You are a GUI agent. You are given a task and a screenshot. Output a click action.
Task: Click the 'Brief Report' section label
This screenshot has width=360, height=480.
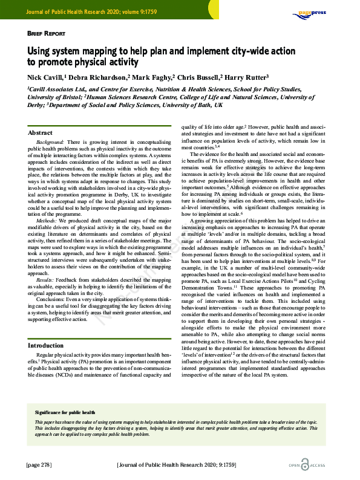[46, 34]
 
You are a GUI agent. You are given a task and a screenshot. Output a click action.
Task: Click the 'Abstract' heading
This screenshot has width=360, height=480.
[41, 132]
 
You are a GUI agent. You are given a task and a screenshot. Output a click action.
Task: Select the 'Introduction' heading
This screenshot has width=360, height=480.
[46, 345]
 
